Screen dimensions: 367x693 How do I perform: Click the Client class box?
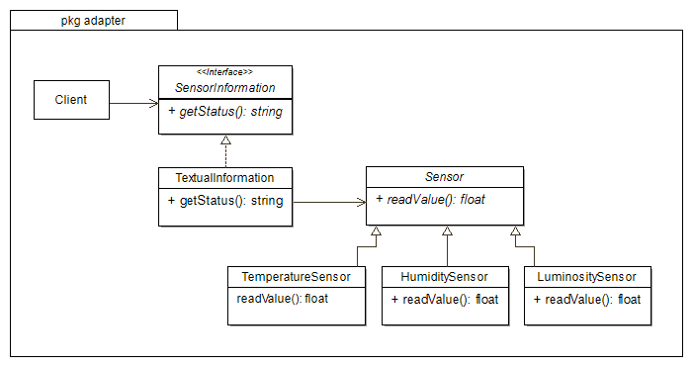click(71, 100)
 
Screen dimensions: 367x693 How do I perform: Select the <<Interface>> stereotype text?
click(225, 72)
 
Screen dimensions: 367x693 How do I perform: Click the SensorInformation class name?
click(225, 87)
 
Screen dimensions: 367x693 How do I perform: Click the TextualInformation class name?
click(224, 178)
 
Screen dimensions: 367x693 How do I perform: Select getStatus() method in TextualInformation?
click(225, 201)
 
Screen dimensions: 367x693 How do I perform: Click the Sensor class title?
click(444, 176)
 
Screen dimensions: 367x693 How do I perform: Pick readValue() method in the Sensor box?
click(431, 199)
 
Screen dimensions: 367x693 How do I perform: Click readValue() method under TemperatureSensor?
click(283, 298)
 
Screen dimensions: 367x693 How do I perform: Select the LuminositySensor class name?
click(587, 276)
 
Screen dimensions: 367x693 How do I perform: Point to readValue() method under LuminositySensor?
click(587, 299)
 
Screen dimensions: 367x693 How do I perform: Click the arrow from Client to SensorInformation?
click(133, 101)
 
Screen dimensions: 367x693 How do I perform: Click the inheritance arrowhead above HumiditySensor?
click(447, 232)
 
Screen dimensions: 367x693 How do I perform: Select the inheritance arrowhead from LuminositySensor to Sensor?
click(515, 232)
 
